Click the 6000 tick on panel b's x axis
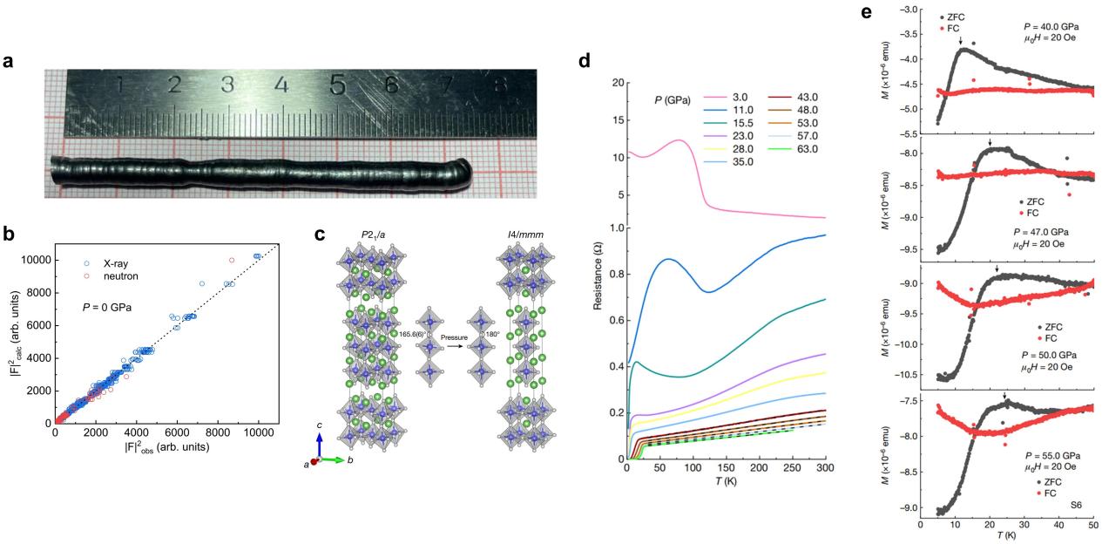177,434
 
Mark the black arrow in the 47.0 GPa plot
990,142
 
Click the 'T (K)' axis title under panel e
1007,538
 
